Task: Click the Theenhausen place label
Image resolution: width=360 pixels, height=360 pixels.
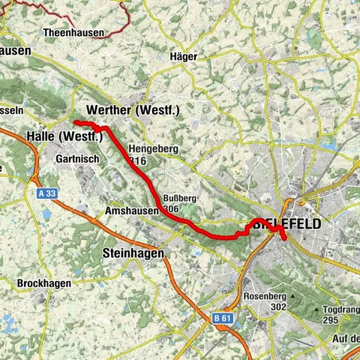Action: click(73, 34)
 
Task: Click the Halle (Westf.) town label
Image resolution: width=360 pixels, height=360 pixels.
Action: click(64, 136)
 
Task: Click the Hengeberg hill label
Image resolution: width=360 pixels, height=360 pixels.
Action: click(154, 149)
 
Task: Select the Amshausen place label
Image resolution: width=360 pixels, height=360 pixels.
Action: click(132, 211)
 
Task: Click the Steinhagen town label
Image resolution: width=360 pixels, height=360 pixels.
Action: click(132, 253)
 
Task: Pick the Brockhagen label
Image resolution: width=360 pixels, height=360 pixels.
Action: click(44, 283)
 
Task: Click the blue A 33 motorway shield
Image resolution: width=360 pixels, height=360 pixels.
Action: click(46, 193)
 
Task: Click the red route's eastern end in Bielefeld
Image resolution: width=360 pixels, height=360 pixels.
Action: click(284, 238)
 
